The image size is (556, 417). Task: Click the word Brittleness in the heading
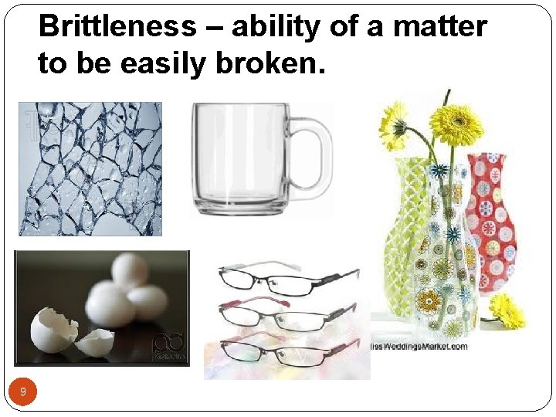tap(117, 28)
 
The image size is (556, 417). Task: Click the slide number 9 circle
tap(23, 393)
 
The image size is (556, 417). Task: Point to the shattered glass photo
tap(90, 168)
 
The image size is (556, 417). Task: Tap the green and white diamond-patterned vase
tap(409, 232)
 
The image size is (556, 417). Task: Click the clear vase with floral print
tap(445, 286)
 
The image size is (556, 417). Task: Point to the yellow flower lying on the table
tap(507, 310)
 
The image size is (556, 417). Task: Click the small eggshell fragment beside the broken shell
tap(96, 341)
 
